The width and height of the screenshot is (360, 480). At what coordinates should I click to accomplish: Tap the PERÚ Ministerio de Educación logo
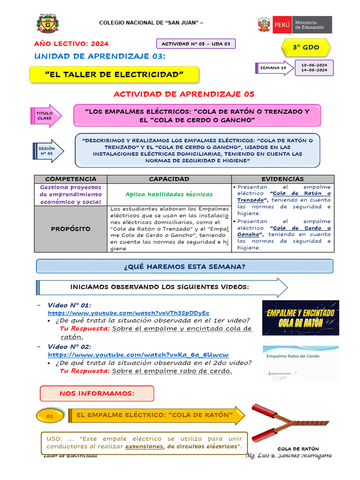(x=294, y=25)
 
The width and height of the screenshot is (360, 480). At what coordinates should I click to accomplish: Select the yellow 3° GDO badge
(x=306, y=48)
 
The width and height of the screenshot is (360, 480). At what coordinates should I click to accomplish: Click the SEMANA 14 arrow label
(x=274, y=68)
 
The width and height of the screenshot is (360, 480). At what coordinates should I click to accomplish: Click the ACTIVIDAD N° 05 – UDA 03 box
(x=195, y=44)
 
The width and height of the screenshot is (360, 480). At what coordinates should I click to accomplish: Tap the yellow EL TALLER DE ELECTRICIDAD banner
(x=114, y=75)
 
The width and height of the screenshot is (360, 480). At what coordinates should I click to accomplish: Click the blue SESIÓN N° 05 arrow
(x=47, y=151)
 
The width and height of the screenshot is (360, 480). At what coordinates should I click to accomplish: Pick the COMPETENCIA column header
(x=71, y=179)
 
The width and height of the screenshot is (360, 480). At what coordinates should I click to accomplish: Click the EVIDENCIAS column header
(x=283, y=179)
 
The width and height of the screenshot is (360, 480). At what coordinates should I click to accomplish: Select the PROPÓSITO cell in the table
(x=71, y=229)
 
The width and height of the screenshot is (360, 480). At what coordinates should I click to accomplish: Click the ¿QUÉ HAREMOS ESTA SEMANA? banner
(x=185, y=266)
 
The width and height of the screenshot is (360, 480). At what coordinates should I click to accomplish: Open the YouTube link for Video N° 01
(x=128, y=313)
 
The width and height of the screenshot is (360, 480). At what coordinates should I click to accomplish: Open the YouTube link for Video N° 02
(x=138, y=355)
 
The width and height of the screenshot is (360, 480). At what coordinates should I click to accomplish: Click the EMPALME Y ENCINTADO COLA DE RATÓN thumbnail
(x=300, y=318)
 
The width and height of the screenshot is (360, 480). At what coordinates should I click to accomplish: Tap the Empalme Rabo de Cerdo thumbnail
(x=300, y=362)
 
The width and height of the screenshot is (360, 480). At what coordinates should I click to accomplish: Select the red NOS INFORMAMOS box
(x=97, y=393)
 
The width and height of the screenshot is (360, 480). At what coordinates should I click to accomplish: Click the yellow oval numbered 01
(x=50, y=416)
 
